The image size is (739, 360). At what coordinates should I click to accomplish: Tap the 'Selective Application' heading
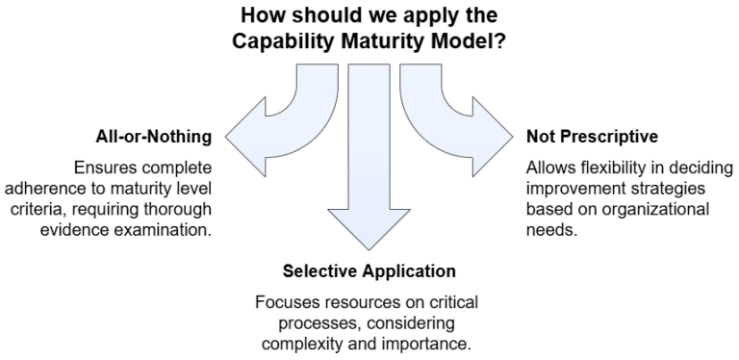click(369, 272)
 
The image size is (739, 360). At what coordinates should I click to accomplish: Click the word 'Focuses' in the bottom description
click(282, 302)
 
